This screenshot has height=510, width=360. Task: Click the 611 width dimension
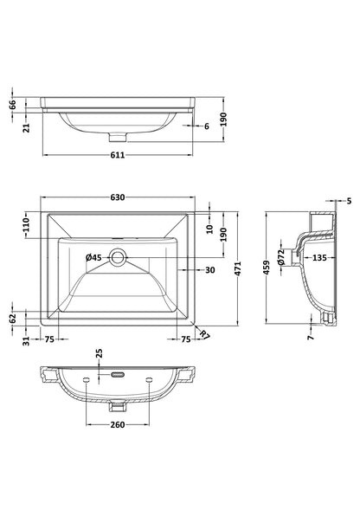(x=118, y=155)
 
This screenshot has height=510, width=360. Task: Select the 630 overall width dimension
(x=118, y=197)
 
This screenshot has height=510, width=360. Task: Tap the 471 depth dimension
(x=238, y=268)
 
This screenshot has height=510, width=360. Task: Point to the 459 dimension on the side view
(x=267, y=268)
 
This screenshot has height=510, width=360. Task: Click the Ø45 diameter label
(x=93, y=258)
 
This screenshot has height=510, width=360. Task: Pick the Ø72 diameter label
(x=281, y=257)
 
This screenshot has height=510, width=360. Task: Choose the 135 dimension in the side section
(x=319, y=258)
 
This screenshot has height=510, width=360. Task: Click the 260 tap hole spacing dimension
(x=118, y=424)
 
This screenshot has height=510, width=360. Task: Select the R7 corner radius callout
(x=204, y=334)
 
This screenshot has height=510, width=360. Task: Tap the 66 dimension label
(x=12, y=105)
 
